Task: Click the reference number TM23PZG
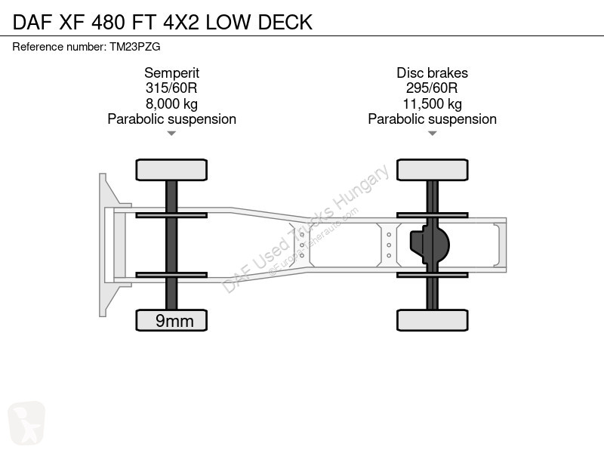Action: point(135,47)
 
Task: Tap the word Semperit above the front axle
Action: point(172,72)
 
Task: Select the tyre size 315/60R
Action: point(171,88)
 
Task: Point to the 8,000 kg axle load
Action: point(172,104)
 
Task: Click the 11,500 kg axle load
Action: point(432,104)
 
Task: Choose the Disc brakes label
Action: point(432,72)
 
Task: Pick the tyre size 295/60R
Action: point(432,88)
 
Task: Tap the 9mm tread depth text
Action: point(174,321)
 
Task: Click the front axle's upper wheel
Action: point(171,170)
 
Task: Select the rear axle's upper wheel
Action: point(432,170)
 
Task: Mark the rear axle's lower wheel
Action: point(432,320)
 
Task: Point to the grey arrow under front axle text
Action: point(171,134)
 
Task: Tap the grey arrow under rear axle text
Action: point(432,134)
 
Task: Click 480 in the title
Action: point(108,22)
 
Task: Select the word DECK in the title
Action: point(285,22)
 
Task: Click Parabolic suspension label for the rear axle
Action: point(432,119)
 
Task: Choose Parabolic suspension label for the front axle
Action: point(172,119)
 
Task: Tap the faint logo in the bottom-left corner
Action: point(26,423)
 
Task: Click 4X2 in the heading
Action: point(181,22)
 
